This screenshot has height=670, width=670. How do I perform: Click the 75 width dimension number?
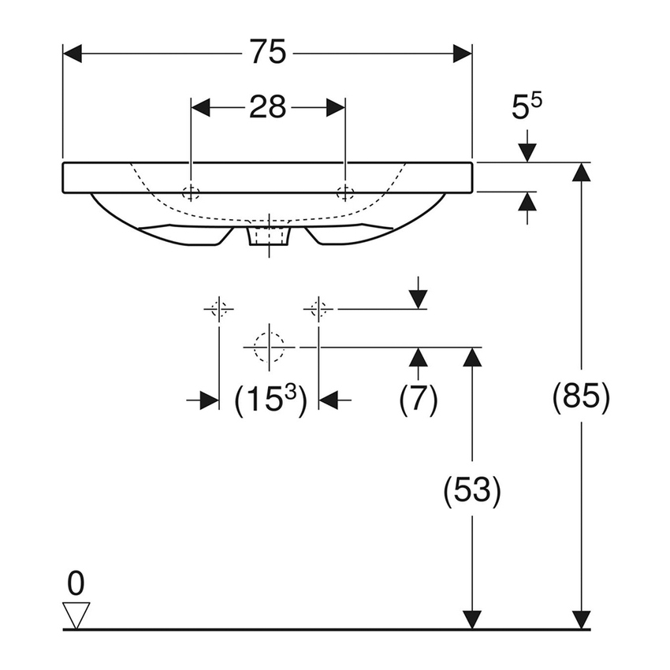(268, 54)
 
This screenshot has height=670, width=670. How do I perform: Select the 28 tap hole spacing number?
(267, 107)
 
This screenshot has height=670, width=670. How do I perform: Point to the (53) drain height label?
(471, 491)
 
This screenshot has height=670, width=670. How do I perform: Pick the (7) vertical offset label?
(418, 400)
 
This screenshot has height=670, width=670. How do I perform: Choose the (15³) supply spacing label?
(270, 400)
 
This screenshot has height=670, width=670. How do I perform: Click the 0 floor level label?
(76, 584)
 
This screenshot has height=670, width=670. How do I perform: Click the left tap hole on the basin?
(191, 192)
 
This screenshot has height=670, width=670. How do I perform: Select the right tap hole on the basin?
(345, 192)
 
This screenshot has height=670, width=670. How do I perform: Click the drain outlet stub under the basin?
(269, 236)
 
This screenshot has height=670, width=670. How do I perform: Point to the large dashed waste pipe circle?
(269, 346)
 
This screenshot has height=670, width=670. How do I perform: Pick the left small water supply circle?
(218, 308)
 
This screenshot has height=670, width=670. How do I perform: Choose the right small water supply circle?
(318, 308)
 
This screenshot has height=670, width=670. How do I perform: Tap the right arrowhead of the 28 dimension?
(336, 107)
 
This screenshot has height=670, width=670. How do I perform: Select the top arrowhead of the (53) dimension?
(471, 357)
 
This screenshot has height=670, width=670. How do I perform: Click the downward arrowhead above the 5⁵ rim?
(527, 153)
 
